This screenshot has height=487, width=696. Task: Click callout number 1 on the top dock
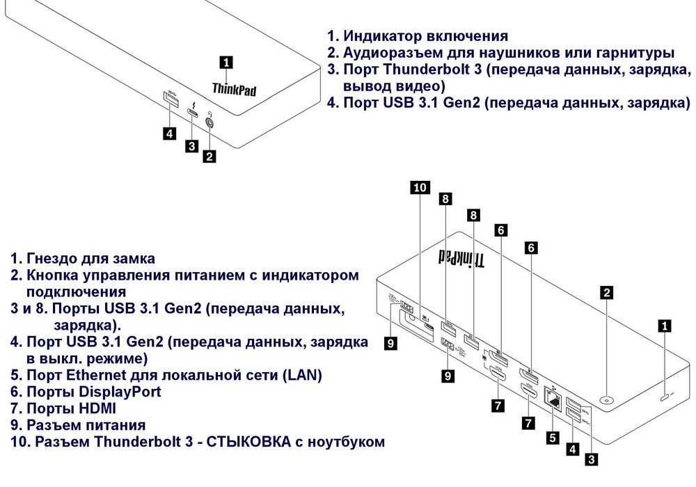(226, 62)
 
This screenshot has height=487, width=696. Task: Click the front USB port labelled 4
(170, 99)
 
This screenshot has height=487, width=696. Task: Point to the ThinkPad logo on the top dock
(234, 88)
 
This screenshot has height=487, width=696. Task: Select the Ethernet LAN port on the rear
(555, 399)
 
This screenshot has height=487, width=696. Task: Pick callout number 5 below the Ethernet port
(552, 438)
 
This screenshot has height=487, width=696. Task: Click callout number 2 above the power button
(608, 292)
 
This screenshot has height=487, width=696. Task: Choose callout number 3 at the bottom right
(591, 458)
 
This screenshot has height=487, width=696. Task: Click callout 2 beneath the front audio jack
(209, 157)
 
